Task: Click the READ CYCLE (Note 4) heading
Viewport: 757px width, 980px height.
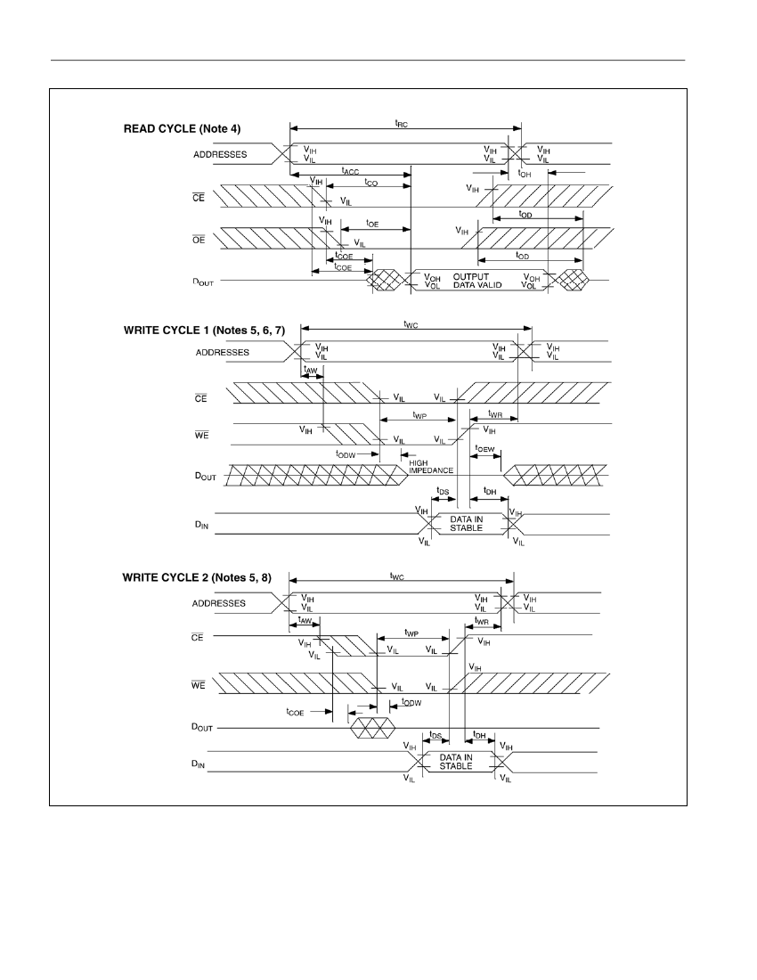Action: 182,129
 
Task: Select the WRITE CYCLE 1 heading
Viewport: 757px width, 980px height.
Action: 204,330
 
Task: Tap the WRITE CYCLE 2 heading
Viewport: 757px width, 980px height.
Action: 197,577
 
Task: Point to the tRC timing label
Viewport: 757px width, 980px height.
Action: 401,124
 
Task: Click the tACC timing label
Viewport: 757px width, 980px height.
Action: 350,171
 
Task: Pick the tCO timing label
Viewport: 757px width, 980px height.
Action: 371,183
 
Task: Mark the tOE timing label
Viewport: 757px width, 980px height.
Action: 372,224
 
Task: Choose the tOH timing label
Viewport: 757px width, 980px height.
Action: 525,173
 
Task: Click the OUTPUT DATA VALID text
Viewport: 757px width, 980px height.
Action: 477,281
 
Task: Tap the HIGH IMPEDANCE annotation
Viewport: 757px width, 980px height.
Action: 431,467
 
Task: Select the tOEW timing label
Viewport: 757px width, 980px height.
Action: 484,449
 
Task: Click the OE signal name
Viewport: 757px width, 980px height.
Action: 199,240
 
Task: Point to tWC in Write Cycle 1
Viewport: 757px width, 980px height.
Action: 411,324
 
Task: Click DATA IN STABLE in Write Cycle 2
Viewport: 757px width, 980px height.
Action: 456,761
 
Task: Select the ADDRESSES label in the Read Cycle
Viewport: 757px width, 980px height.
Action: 220,154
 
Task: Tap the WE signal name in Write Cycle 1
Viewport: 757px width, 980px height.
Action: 202,435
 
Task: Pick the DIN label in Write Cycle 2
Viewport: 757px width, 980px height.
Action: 198,764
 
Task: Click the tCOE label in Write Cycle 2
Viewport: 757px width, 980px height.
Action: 295,712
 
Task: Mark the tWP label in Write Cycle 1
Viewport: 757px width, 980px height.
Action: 419,415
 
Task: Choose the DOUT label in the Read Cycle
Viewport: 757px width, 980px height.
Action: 203,282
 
